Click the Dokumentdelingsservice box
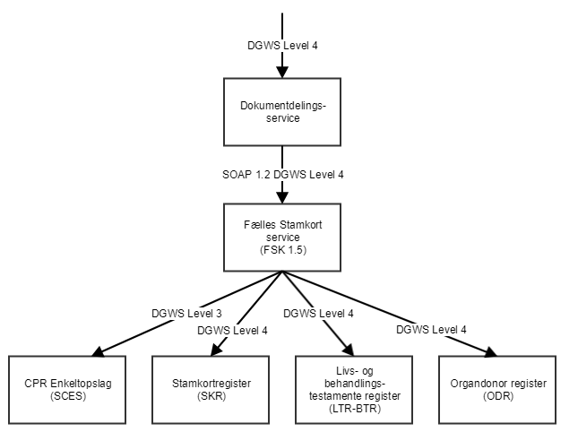pos(283,112)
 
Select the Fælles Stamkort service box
pos(283,238)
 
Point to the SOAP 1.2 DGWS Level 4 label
pos(283,174)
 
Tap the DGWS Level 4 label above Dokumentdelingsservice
pos(283,44)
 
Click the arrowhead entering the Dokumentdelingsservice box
pos(283,73)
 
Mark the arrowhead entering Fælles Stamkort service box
pos(283,198)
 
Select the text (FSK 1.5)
pos(283,251)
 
